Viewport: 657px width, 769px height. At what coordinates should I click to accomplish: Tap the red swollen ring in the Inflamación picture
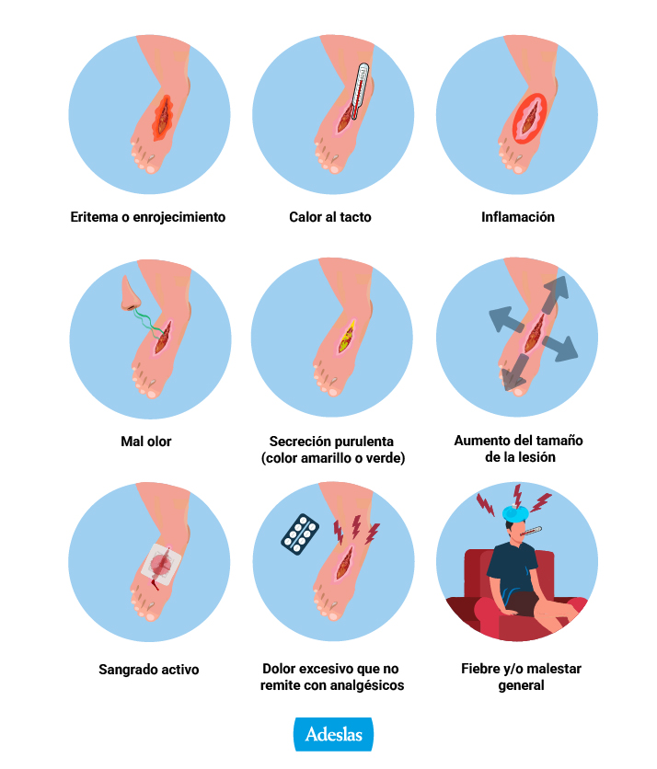(530, 116)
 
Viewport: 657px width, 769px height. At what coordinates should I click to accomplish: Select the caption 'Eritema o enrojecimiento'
(147, 218)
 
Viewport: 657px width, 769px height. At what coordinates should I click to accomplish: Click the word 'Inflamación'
(517, 218)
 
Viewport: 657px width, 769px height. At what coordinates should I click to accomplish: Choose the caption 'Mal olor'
(146, 442)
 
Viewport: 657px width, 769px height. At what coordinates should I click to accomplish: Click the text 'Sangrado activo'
(148, 669)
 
